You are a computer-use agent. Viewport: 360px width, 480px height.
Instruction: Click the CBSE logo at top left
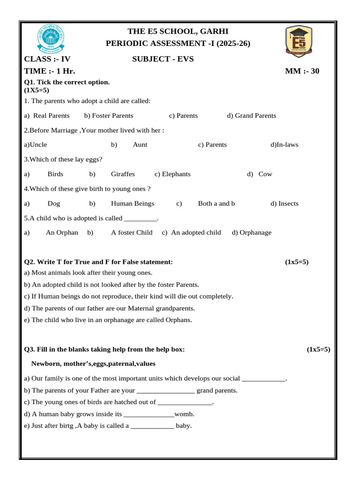[x=51, y=39]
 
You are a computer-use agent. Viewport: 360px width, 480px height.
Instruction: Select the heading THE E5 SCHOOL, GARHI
[x=178, y=31]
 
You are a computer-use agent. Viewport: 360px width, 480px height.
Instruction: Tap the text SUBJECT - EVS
[x=163, y=59]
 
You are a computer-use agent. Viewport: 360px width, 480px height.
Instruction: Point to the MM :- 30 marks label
[x=302, y=71]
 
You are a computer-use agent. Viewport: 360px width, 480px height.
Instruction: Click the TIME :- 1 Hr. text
[x=50, y=71]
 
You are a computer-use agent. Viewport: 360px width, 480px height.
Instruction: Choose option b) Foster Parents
[x=109, y=116]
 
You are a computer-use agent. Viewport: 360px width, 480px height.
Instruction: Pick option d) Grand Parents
[x=252, y=116]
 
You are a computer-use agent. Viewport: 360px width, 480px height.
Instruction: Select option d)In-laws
[x=284, y=145]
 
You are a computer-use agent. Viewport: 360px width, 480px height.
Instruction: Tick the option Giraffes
[x=123, y=174]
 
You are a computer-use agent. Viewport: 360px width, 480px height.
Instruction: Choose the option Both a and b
[x=217, y=203]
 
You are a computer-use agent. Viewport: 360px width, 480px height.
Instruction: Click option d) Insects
[x=285, y=203]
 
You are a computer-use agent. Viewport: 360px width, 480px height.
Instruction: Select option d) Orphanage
[x=252, y=232]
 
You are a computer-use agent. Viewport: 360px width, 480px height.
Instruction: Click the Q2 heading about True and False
[x=98, y=262]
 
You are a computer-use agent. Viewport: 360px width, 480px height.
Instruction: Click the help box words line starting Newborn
[x=93, y=364]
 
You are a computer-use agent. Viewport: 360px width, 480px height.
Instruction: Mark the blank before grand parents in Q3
[x=165, y=391]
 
